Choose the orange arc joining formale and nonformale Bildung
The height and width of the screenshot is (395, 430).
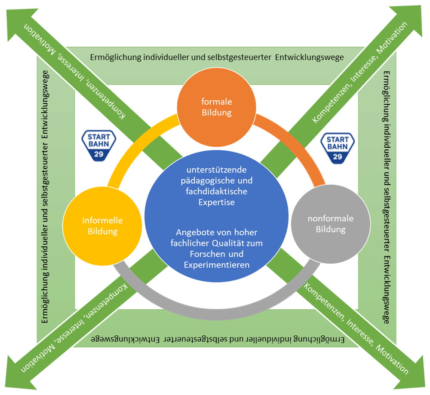[297, 142]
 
